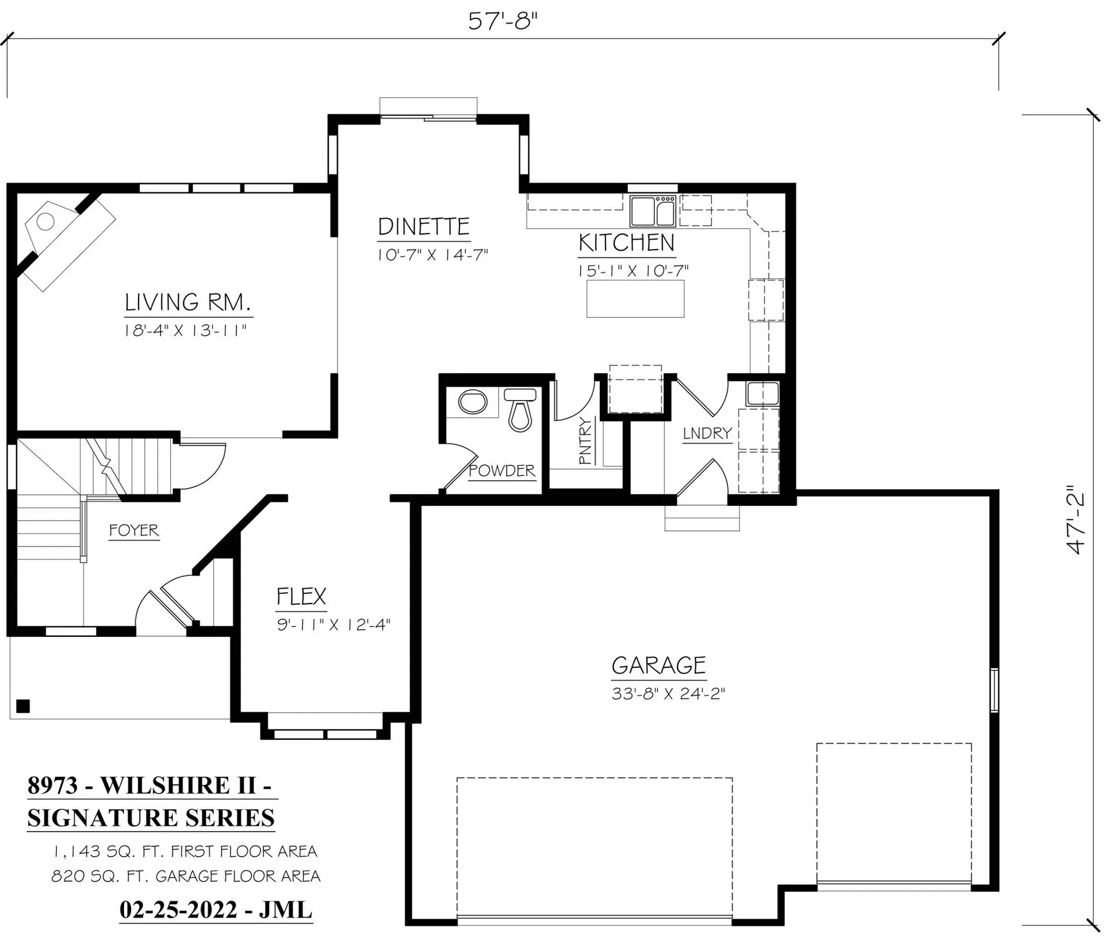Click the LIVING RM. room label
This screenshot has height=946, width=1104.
point(188,302)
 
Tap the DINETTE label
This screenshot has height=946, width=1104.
point(424,227)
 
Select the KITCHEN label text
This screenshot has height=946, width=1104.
point(626,243)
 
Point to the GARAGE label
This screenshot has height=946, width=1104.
point(658,666)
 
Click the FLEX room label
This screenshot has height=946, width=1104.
point(301,597)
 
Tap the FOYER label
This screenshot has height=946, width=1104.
point(134,530)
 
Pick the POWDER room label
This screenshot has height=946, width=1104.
point(502,471)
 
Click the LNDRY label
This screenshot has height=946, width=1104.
point(707,433)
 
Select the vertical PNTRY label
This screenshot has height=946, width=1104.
point(585,441)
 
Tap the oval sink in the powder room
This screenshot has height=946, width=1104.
point(473,402)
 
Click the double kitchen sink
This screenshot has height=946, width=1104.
point(653,211)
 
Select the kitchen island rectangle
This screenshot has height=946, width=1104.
point(635,299)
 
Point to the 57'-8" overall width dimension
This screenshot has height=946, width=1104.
point(503,22)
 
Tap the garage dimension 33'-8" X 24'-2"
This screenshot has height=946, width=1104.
point(668,694)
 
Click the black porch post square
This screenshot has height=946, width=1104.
point(23,706)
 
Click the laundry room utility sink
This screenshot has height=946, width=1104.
point(762,394)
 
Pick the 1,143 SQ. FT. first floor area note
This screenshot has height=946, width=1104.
point(185,851)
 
